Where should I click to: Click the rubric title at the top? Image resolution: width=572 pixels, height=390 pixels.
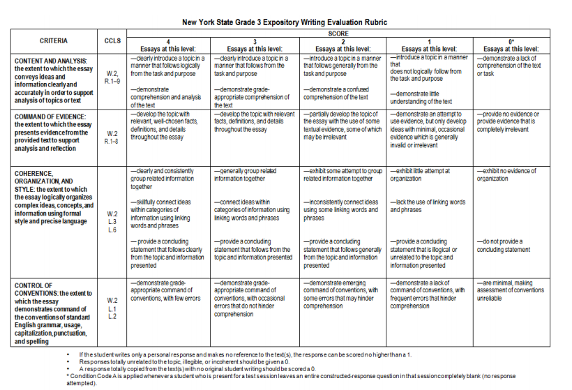tap(285, 22)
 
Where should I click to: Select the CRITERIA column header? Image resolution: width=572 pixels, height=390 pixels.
tap(53, 41)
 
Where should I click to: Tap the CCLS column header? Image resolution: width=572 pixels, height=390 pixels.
tap(112, 41)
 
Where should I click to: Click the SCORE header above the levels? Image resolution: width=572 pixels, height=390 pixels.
tap(338, 33)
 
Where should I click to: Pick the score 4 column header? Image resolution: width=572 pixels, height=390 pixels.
tap(168, 45)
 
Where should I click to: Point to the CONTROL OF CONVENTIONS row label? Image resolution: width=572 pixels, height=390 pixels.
tap(53, 313)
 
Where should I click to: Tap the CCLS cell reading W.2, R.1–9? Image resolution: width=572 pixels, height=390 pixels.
tap(112, 77)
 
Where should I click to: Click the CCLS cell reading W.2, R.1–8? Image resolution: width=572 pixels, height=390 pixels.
tap(112, 137)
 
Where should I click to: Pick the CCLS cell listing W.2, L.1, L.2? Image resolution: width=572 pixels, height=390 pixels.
tap(112, 308)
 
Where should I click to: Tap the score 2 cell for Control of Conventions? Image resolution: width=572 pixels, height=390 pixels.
tap(341, 294)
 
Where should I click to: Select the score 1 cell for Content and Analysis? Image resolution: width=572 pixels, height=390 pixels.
tap(429, 79)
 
